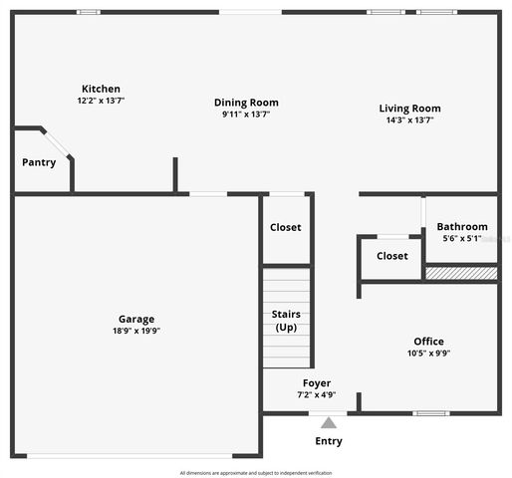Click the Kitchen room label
pyautogui.click(x=101, y=89)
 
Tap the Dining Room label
pyautogui.click(x=246, y=102)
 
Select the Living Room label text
pyautogui.click(x=409, y=109)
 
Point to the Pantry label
pyautogui.click(x=39, y=162)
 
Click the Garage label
pyautogui.click(x=136, y=319)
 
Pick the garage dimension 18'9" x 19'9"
pyautogui.click(x=136, y=331)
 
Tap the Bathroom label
pyautogui.click(x=462, y=226)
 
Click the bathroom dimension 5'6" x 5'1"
pyautogui.click(x=462, y=238)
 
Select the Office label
pyautogui.click(x=429, y=342)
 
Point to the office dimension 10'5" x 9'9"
pyautogui.click(x=429, y=354)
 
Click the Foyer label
pyautogui.click(x=317, y=383)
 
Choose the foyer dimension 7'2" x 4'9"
pyautogui.click(x=317, y=395)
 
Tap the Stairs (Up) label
pyautogui.click(x=286, y=321)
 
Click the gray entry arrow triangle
pyautogui.click(x=329, y=422)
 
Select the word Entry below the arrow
pyautogui.click(x=329, y=441)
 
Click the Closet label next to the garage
pyautogui.click(x=286, y=227)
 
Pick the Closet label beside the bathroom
pyautogui.click(x=391, y=256)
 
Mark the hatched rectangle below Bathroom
pyautogui.click(x=461, y=272)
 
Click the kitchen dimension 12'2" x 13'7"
pyautogui.click(x=101, y=101)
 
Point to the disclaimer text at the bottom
pyautogui.click(x=256, y=472)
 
